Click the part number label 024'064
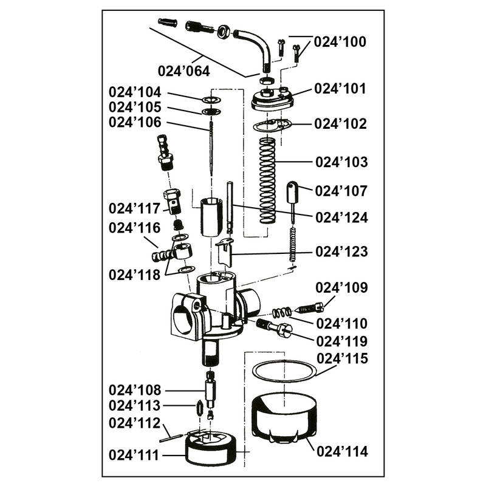(184, 70)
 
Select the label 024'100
(340, 43)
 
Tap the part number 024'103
(341, 163)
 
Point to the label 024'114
(343, 451)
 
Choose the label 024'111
(135, 454)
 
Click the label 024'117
(135, 208)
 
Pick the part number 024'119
(342, 340)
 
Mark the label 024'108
(135, 389)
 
